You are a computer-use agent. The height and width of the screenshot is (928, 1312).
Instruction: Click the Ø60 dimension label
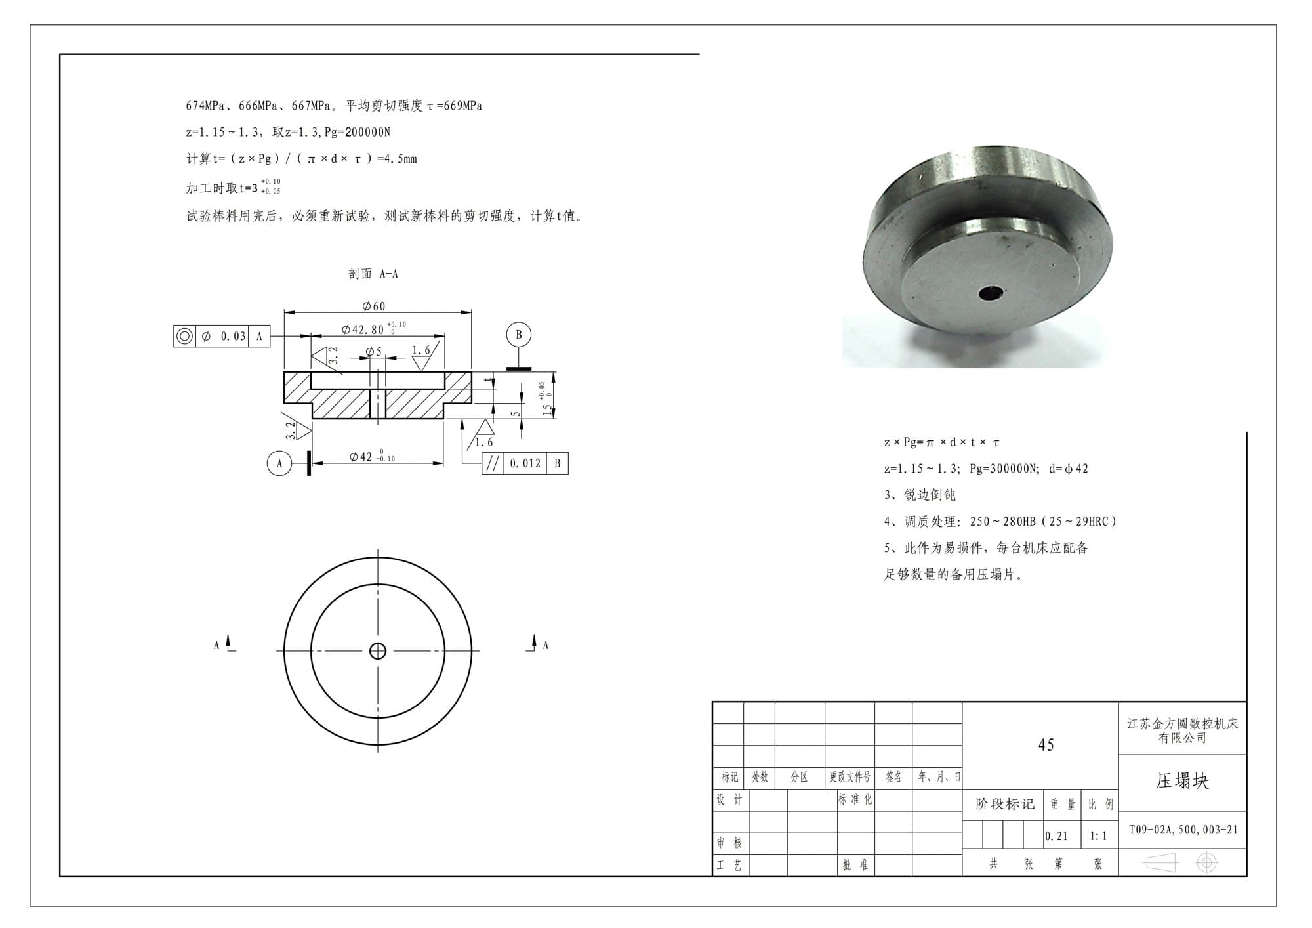[374, 306]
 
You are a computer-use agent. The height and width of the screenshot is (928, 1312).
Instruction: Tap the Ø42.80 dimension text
[363, 329]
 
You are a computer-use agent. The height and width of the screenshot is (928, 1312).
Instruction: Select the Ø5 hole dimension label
[373, 352]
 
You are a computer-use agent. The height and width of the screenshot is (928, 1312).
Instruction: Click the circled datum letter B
[518, 335]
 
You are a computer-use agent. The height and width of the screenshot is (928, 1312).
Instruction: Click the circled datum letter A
[279, 463]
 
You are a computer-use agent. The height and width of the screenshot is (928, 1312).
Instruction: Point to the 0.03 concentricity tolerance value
[233, 337]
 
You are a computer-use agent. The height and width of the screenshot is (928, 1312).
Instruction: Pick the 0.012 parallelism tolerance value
[525, 463]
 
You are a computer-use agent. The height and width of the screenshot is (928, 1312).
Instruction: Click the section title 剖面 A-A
[373, 274]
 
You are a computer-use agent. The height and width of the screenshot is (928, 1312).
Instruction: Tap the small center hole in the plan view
[378, 650]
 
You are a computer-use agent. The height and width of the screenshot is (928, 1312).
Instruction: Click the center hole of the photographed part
[990, 293]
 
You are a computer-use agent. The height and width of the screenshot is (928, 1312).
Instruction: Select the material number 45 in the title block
[1046, 745]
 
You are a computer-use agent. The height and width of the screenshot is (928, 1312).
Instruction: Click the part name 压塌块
[1182, 781]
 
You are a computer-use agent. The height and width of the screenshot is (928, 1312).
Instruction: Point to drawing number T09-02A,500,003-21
[1183, 830]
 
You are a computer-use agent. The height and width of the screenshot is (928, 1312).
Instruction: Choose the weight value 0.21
[1056, 836]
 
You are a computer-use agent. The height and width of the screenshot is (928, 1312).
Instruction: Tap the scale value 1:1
[1098, 836]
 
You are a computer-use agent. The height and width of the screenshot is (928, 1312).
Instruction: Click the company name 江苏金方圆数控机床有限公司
[1182, 730]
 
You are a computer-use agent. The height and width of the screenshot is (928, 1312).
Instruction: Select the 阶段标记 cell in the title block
[1004, 804]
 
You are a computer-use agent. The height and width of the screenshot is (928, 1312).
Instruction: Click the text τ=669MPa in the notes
[454, 106]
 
